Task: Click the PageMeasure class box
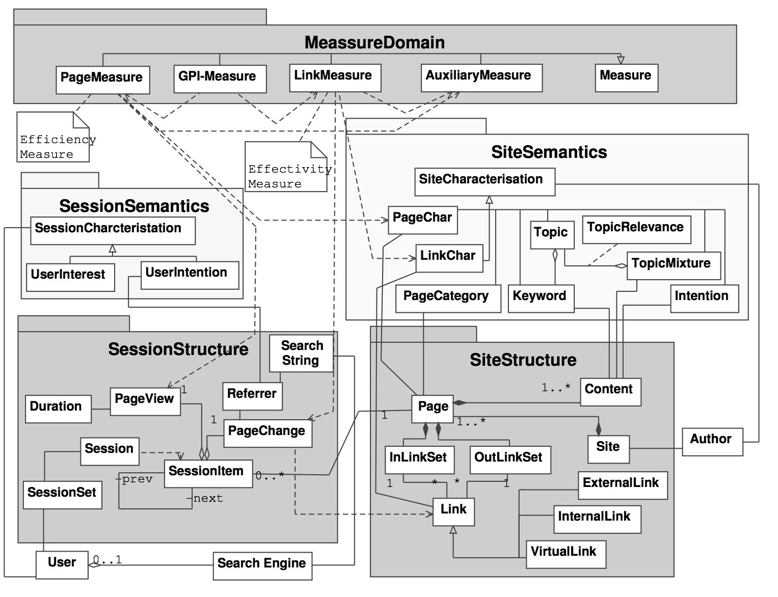click(102, 79)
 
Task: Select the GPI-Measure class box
click(220, 78)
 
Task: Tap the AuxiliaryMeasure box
click(481, 77)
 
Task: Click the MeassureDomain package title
click(374, 42)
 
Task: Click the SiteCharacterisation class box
click(485, 182)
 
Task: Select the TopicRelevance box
click(636, 229)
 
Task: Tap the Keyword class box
click(541, 298)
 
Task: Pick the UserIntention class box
click(189, 275)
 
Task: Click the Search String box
click(301, 353)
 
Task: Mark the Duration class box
click(58, 409)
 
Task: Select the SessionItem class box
click(208, 474)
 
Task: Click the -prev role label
click(135, 479)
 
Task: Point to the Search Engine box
click(262, 565)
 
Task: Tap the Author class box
click(712, 441)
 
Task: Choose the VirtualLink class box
click(565, 554)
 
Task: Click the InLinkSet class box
click(418, 459)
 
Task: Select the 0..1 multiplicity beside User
click(108, 560)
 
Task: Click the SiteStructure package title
click(523, 360)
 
